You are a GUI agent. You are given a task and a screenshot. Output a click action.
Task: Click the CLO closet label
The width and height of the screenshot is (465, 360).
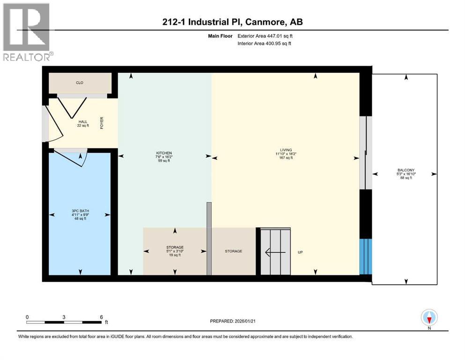(x=80, y=83)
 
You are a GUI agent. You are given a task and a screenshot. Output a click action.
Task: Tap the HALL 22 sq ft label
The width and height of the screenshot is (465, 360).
(x=82, y=124)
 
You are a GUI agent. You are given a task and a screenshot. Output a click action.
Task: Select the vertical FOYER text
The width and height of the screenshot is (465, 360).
(x=101, y=123)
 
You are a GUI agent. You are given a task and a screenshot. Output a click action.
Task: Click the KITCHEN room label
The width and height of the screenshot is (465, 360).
(x=164, y=156)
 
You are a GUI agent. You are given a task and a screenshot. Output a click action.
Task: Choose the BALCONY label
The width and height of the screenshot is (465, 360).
(x=406, y=173)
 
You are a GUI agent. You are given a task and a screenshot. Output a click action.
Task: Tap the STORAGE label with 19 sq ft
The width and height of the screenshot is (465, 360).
(x=175, y=251)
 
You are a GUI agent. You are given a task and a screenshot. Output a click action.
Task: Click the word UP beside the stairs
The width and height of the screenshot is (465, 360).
(x=300, y=252)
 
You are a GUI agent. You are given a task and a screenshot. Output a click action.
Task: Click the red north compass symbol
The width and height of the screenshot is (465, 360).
(x=429, y=318)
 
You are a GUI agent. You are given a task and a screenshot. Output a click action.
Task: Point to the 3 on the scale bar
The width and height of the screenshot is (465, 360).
(x=64, y=317)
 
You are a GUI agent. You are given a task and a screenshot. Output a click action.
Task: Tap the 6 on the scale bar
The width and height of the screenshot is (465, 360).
(x=101, y=317)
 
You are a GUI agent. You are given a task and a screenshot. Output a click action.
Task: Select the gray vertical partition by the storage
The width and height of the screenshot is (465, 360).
(x=209, y=239)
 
